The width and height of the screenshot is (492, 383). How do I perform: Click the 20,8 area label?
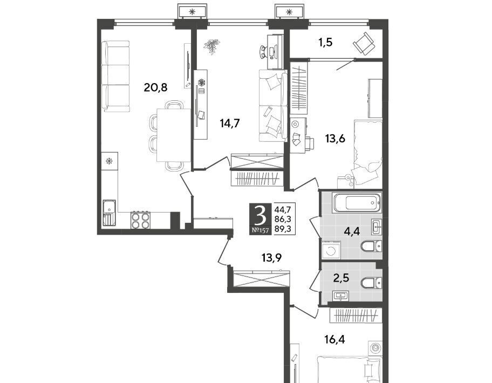(155, 87)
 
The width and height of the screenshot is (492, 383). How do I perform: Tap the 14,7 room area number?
(230, 124)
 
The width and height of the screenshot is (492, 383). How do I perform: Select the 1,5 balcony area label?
(325, 42)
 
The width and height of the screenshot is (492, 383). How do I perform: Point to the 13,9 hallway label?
(271, 258)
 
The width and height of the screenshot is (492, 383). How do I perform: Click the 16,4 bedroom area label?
(335, 339)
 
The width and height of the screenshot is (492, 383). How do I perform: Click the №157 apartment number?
(260, 231)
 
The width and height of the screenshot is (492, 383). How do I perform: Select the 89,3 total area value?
(283, 229)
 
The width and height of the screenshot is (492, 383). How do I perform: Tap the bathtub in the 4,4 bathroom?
(357, 203)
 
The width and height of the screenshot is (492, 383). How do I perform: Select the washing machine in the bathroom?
(331, 250)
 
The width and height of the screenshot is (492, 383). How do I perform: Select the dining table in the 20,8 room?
(174, 135)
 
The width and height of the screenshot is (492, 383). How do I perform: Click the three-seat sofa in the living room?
(116, 76)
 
